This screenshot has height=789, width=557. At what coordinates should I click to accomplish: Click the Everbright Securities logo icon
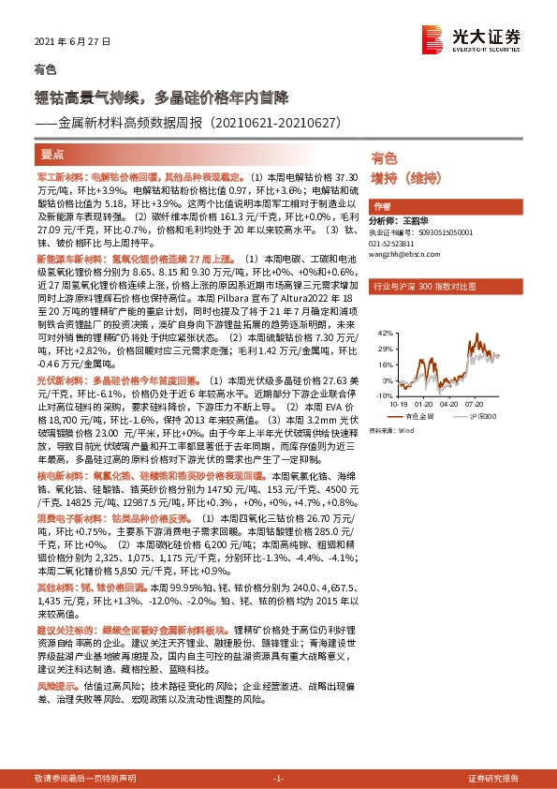tap(431, 35)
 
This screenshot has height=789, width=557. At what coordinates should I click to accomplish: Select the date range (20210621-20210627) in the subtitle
tap(274, 123)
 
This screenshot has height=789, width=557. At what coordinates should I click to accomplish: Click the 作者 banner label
tap(382, 206)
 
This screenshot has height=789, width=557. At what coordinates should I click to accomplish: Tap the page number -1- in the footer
tap(277, 779)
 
